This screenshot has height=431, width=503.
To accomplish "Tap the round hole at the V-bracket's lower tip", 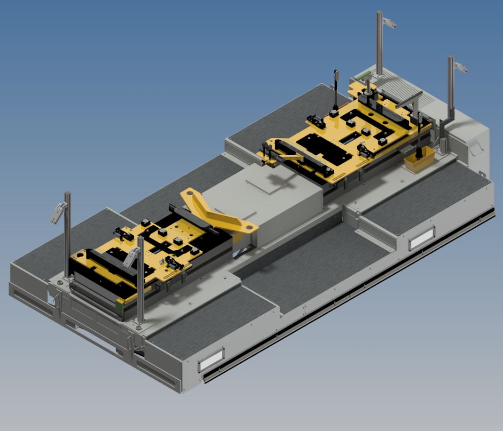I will click(248, 229).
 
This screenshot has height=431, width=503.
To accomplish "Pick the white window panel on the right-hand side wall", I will click(422, 239).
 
